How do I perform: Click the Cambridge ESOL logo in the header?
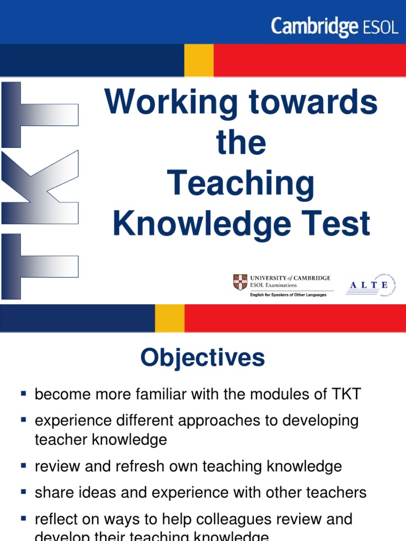click(334, 26)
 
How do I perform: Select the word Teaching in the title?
click(241, 184)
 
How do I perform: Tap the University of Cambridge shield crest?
click(241, 282)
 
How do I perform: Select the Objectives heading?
click(202, 358)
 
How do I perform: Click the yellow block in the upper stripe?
click(199, 60)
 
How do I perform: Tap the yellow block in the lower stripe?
click(169, 318)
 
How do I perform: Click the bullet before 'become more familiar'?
click(23, 393)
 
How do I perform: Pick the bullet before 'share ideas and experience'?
click(23, 491)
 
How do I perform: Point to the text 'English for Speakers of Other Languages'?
click(288, 295)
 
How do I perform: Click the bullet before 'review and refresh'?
click(23, 465)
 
